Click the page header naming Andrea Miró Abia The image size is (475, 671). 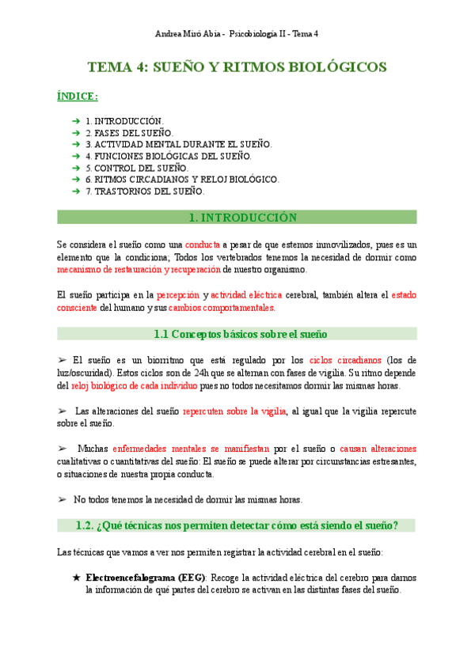click(x=237, y=34)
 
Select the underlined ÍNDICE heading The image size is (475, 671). click(x=78, y=97)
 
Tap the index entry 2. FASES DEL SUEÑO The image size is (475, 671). click(x=130, y=133)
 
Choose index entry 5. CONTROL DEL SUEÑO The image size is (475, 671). click(x=137, y=168)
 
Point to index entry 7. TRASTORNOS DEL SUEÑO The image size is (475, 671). click(x=145, y=191)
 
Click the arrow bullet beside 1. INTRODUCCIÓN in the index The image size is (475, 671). click(x=75, y=121)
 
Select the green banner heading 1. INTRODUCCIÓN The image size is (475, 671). click(x=237, y=218)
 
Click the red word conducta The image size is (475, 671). click(x=203, y=245)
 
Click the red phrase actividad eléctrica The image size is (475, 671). click(x=246, y=295)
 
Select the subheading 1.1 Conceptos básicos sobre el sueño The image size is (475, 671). click(x=237, y=335)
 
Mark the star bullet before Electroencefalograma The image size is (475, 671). click(x=76, y=578)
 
